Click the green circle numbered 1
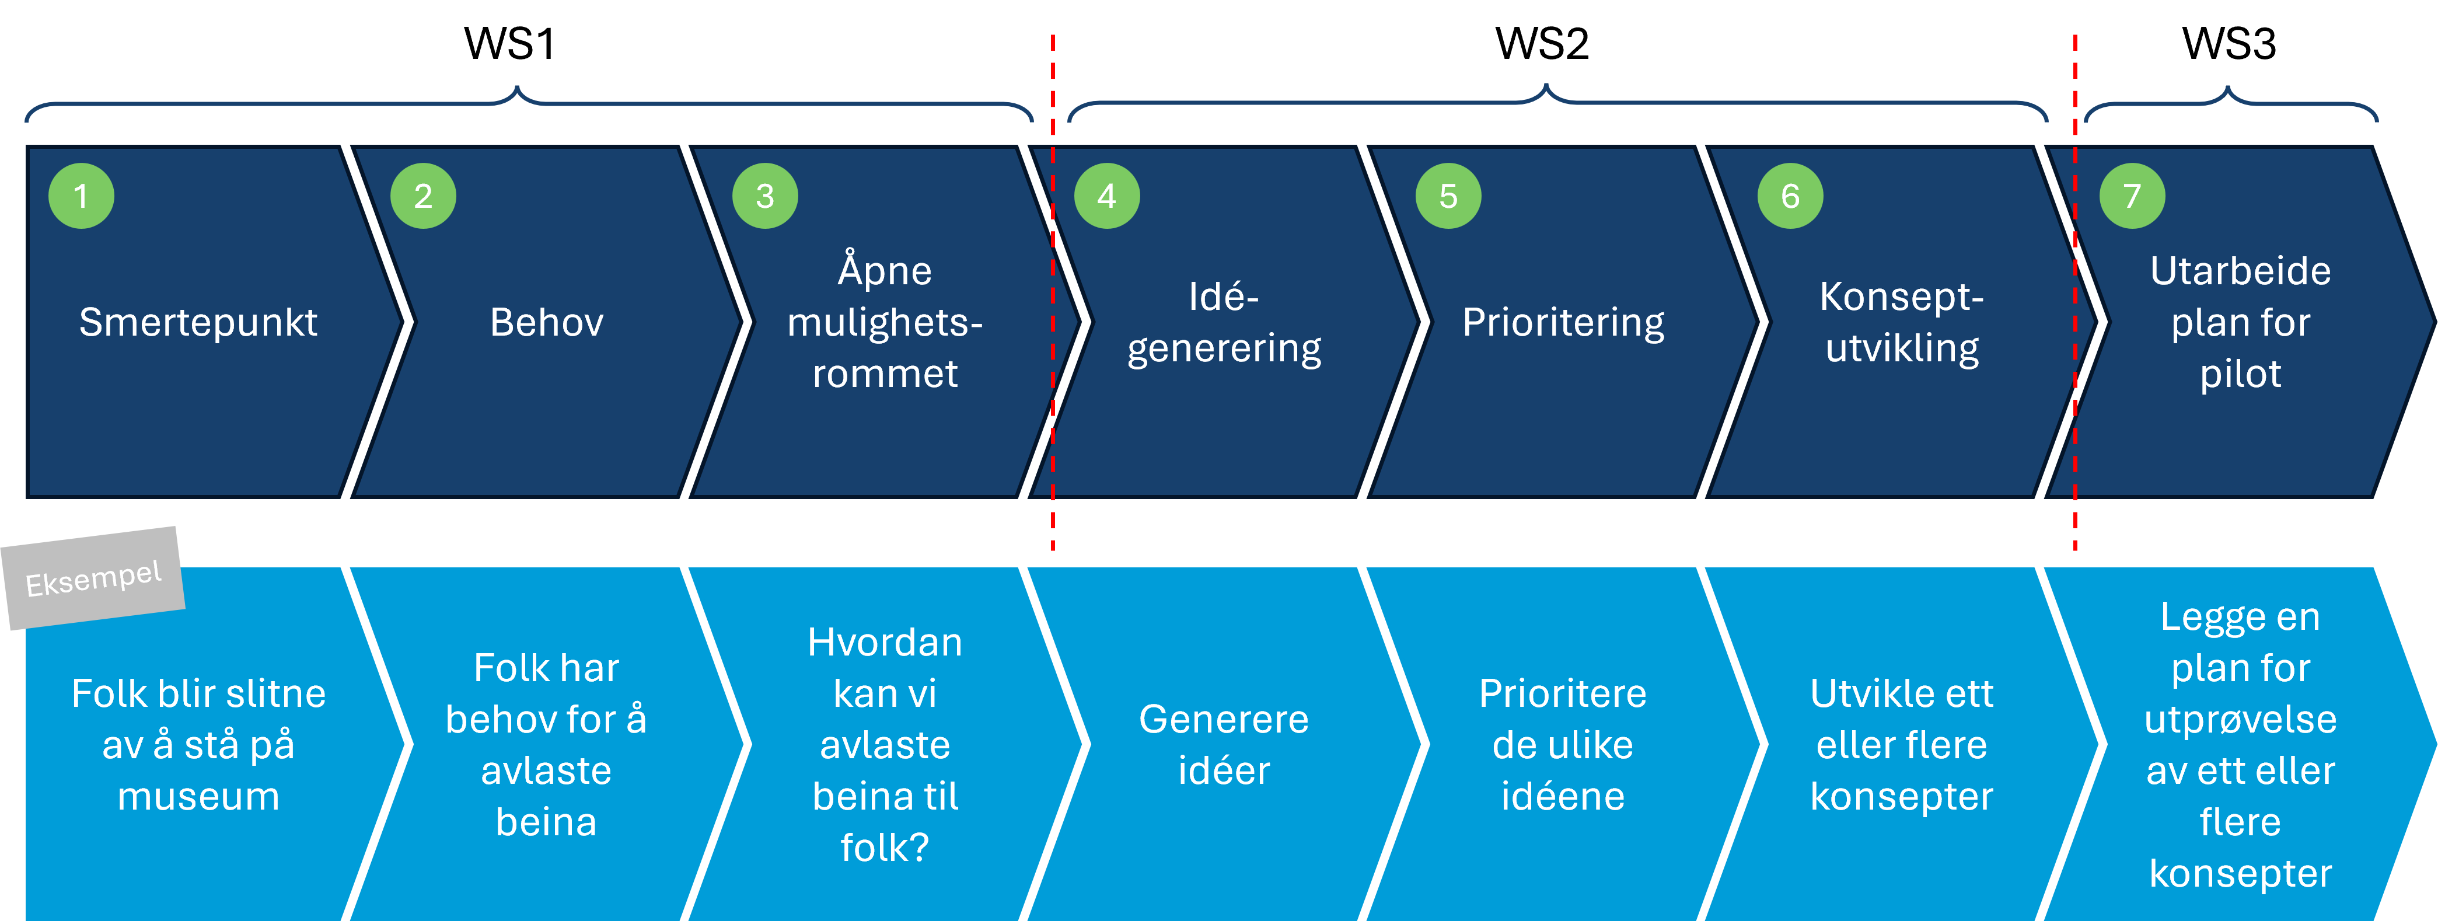click(81, 196)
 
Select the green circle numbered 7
click(2132, 196)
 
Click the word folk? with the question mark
click(885, 848)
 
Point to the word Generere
click(1224, 720)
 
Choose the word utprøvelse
click(2240, 720)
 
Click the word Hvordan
click(885, 643)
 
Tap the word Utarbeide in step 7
click(2240, 271)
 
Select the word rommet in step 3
click(885, 374)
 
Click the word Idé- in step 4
click(1224, 297)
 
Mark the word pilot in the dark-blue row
click(2240, 374)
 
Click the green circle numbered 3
click(764, 196)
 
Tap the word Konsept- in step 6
click(1901, 297)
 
